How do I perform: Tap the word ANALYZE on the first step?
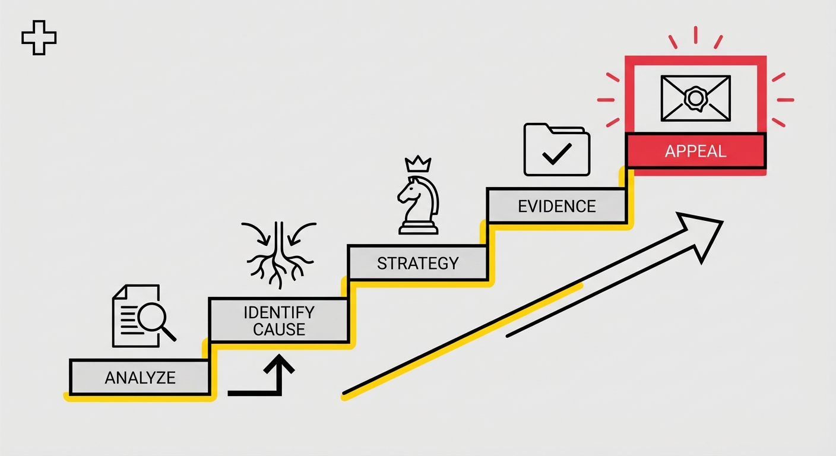click(x=140, y=378)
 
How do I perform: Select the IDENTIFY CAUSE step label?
click(x=279, y=321)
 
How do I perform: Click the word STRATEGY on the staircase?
click(x=417, y=264)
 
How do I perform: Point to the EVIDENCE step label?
click(x=556, y=207)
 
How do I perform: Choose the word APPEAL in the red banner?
click(x=696, y=151)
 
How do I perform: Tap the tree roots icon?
click(x=280, y=256)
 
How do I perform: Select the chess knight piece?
click(x=418, y=205)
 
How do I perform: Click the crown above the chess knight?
click(x=418, y=164)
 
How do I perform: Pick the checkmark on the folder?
click(x=557, y=153)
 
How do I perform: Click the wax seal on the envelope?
click(x=695, y=98)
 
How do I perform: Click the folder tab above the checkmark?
click(x=567, y=129)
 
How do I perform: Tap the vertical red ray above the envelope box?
click(x=696, y=34)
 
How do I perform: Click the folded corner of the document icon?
click(x=119, y=292)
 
